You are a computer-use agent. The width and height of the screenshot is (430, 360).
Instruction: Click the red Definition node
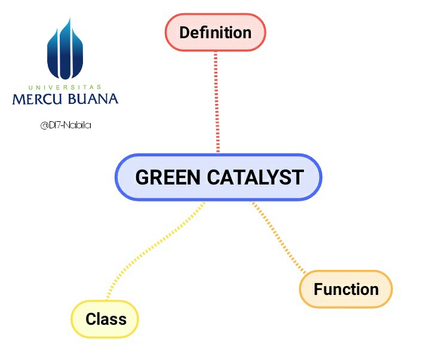pos(215,32)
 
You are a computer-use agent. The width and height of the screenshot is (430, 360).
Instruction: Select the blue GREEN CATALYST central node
pos(219,177)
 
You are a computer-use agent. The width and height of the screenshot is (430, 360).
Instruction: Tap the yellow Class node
pos(105,319)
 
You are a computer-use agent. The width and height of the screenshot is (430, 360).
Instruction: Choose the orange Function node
pos(346,290)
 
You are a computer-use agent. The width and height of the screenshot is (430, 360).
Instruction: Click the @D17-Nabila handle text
pos(66,125)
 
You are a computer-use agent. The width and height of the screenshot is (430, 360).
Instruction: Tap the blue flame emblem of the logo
pos(65,51)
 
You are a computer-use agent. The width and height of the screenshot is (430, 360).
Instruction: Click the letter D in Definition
pos(185,32)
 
